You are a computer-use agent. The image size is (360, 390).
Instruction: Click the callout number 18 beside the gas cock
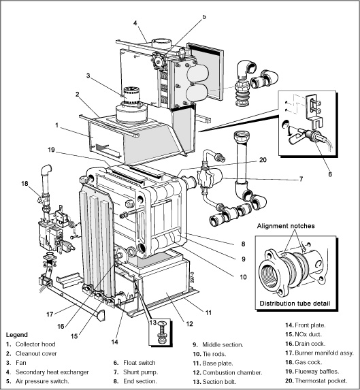(24, 184)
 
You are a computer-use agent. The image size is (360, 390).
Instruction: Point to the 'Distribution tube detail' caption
(295, 302)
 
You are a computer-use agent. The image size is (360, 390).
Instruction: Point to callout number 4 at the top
(135, 23)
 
